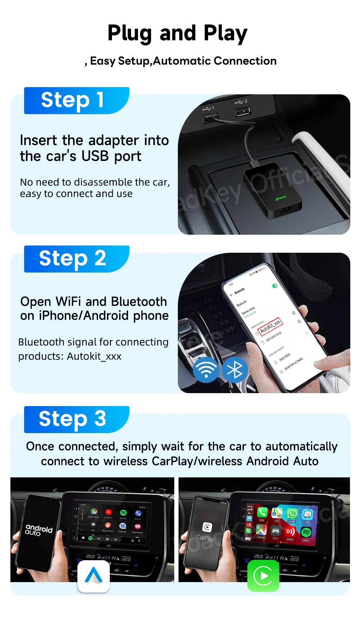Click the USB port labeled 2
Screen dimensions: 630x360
click(242, 111)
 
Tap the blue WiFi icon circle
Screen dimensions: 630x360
click(206, 370)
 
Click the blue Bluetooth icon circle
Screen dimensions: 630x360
click(235, 370)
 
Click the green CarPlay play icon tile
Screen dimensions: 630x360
click(263, 576)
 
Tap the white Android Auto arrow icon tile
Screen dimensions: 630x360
click(94, 576)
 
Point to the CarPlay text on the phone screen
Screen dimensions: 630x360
click(205, 538)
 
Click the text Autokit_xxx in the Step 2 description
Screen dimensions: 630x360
click(94, 356)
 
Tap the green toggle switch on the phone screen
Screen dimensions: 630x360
click(275, 285)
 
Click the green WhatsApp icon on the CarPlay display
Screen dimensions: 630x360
click(292, 514)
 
